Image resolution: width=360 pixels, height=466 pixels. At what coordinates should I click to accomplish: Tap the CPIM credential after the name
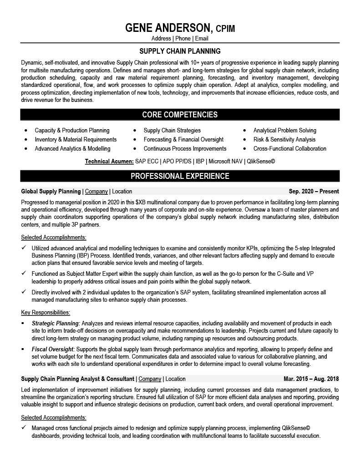tap(225, 29)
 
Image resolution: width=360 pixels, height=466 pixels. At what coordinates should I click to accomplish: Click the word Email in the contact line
tap(202, 39)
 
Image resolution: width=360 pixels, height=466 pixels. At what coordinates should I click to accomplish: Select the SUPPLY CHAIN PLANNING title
tap(180, 51)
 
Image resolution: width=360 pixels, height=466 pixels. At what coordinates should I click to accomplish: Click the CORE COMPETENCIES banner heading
tap(180, 115)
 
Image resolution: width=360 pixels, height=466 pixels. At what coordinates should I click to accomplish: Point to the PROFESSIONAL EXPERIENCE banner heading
tap(180, 176)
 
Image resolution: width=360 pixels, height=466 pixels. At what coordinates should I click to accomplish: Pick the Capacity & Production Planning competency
tap(72, 131)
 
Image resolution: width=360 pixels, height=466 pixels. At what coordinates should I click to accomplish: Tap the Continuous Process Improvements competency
tap(185, 149)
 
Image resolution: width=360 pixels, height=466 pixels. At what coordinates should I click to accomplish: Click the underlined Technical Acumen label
tap(109, 162)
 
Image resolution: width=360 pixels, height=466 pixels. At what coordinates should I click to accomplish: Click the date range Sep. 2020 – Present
tap(314, 192)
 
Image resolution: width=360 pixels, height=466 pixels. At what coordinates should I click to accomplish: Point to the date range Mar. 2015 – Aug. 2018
tap(311, 379)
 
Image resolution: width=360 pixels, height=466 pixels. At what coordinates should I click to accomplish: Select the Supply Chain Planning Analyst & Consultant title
tap(78, 379)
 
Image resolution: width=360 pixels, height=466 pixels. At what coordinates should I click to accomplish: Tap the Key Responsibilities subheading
tap(46, 313)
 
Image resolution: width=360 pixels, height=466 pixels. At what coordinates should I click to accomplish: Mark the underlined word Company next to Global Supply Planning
tap(96, 192)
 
